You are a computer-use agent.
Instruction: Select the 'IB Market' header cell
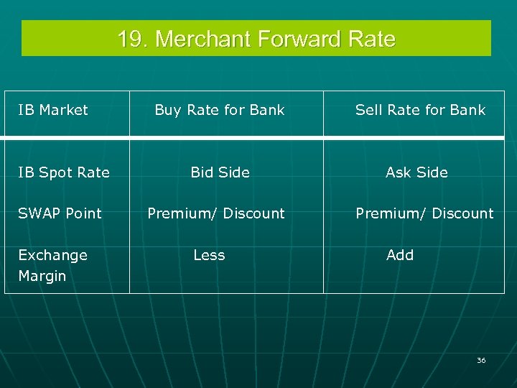pos(53,110)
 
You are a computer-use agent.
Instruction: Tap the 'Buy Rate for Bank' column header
pos(219,110)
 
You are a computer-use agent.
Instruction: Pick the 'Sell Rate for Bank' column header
pos(420,110)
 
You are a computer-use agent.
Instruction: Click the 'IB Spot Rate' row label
pos(64,172)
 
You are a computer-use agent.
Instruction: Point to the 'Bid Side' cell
pos(220,172)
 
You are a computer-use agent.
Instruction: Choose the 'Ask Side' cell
pos(416,172)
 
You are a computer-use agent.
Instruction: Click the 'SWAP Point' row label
pos(60,213)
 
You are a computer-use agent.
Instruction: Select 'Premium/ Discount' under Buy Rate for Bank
pos(216,213)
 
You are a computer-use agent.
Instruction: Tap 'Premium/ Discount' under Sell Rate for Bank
pos(424,213)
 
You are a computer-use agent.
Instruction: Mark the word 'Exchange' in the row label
pos(52,255)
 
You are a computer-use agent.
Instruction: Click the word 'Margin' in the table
pos(42,276)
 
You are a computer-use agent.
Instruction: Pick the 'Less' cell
pos(209,255)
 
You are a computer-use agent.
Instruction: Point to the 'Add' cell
pos(400,255)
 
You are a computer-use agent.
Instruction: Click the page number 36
pos(481,360)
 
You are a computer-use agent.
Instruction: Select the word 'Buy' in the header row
pos(168,110)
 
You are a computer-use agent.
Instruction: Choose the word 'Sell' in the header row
pos(368,110)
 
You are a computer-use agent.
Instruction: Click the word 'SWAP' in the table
pos(39,213)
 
